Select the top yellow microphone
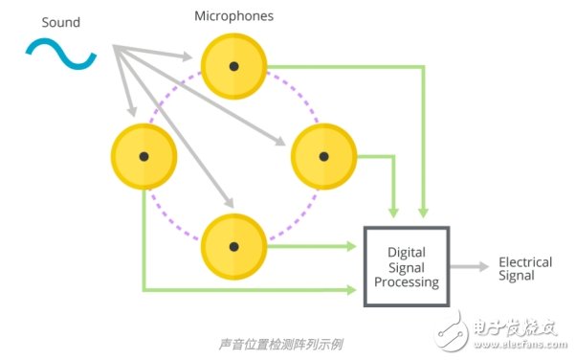232,66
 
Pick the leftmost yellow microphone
144,156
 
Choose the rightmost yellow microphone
323,156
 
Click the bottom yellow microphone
232,245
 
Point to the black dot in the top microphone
232,66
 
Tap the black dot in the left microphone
144,156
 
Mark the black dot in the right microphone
323,156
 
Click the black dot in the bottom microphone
232,245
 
